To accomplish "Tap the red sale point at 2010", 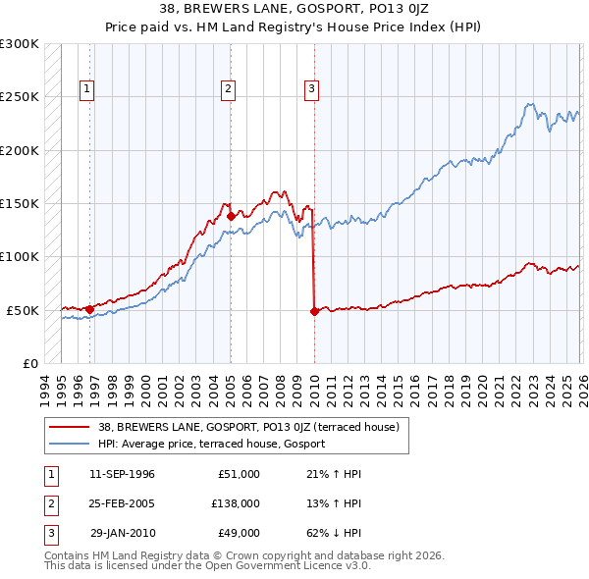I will tap(314, 311).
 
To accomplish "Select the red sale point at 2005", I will tap(231, 216).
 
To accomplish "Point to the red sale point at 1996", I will tap(89, 309).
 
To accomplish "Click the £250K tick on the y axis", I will tap(20, 97).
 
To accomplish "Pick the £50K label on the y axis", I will tap(23, 310).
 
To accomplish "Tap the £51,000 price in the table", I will tap(237, 474).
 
